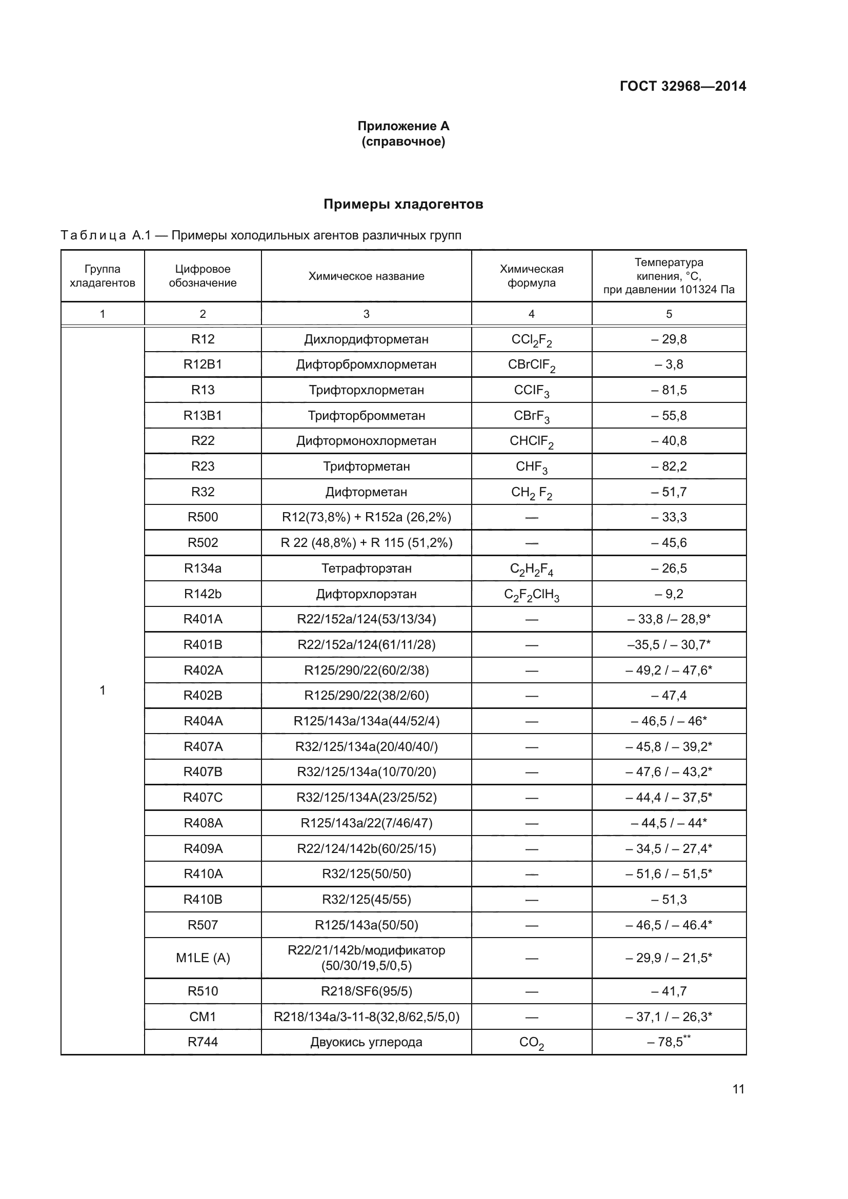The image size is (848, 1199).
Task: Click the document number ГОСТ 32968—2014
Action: click(x=682, y=86)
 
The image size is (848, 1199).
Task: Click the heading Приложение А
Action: click(x=403, y=126)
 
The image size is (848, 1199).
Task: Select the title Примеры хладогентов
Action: click(x=403, y=204)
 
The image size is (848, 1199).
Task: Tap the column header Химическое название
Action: click(x=366, y=276)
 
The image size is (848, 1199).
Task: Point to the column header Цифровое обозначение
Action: click(x=203, y=276)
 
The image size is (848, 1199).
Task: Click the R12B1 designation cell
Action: click(x=203, y=364)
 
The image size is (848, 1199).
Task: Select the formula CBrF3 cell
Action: click(x=531, y=416)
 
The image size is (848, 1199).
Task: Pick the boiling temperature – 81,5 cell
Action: click(x=669, y=390)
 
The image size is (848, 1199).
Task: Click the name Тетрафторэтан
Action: click(x=366, y=568)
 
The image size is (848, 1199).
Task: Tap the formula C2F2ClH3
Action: click(x=531, y=594)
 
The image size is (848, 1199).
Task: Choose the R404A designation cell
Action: click(x=203, y=721)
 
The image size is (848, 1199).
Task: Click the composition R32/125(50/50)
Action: click(x=366, y=874)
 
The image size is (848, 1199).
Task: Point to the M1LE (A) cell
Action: click(x=203, y=958)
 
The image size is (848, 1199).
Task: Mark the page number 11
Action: click(x=738, y=1089)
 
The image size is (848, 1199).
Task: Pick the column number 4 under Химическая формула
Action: click(x=531, y=314)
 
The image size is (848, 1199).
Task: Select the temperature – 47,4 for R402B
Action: click(x=669, y=696)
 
